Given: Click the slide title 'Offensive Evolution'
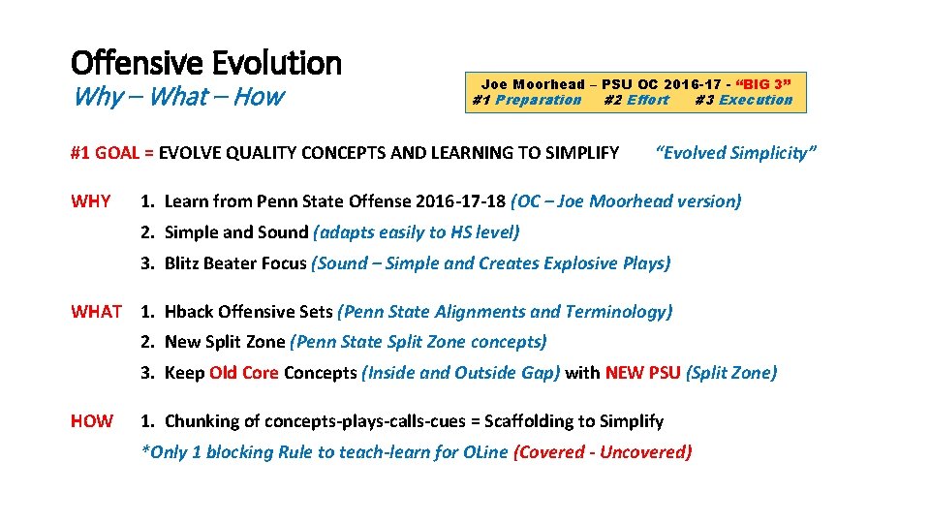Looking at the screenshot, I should pyautogui.click(x=206, y=64).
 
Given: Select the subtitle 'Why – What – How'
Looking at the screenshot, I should pyautogui.click(x=177, y=97).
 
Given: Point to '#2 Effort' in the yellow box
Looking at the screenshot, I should pyautogui.click(x=635, y=100).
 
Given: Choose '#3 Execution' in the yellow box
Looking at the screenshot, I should pyautogui.click(x=743, y=100).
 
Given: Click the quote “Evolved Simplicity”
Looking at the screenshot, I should pyautogui.click(x=736, y=152).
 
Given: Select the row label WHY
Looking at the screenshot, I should pyautogui.click(x=91, y=201).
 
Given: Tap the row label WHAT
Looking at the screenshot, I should pyautogui.click(x=96, y=312).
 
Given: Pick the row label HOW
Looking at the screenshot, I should pyautogui.click(x=92, y=421).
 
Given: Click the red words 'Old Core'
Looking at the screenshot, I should pyautogui.click(x=244, y=373).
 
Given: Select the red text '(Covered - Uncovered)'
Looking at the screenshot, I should pyautogui.click(x=603, y=452).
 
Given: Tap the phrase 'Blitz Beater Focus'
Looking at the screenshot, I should pyautogui.click(x=235, y=262).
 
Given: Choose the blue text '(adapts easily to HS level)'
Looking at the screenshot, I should pyautogui.click(x=417, y=232).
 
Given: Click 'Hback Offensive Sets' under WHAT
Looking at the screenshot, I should pyautogui.click(x=248, y=312).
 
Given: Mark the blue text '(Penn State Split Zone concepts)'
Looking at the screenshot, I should pyautogui.click(x=418, y=342).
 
